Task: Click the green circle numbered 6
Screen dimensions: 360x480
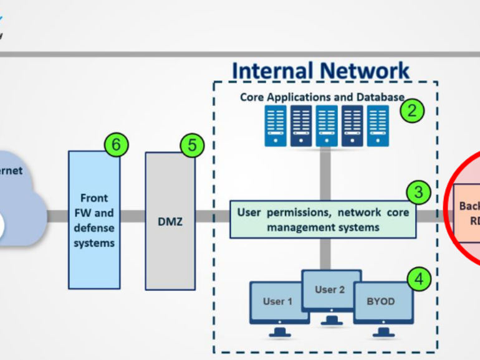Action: coord(116,145)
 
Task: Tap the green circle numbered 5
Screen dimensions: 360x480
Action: coord(192,146)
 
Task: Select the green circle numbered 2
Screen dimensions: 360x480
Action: coord(412,111)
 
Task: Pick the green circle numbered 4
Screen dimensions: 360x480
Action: coord(419,279)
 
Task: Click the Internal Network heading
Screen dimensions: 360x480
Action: coord(321,71)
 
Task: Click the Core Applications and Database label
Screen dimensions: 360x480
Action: coord(322,97)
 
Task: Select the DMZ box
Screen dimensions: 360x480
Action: coord(170,221)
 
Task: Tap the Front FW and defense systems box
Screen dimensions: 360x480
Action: coord(94,220)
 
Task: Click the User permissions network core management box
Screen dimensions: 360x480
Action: coord(323,219)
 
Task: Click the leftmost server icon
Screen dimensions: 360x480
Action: coord(276,125)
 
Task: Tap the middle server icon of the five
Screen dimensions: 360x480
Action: coord(327,125)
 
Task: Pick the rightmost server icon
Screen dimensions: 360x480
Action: coord(378,125)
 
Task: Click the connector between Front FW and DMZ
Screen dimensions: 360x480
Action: coord(133,216)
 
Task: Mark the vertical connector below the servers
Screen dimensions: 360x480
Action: coord(325,174)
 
